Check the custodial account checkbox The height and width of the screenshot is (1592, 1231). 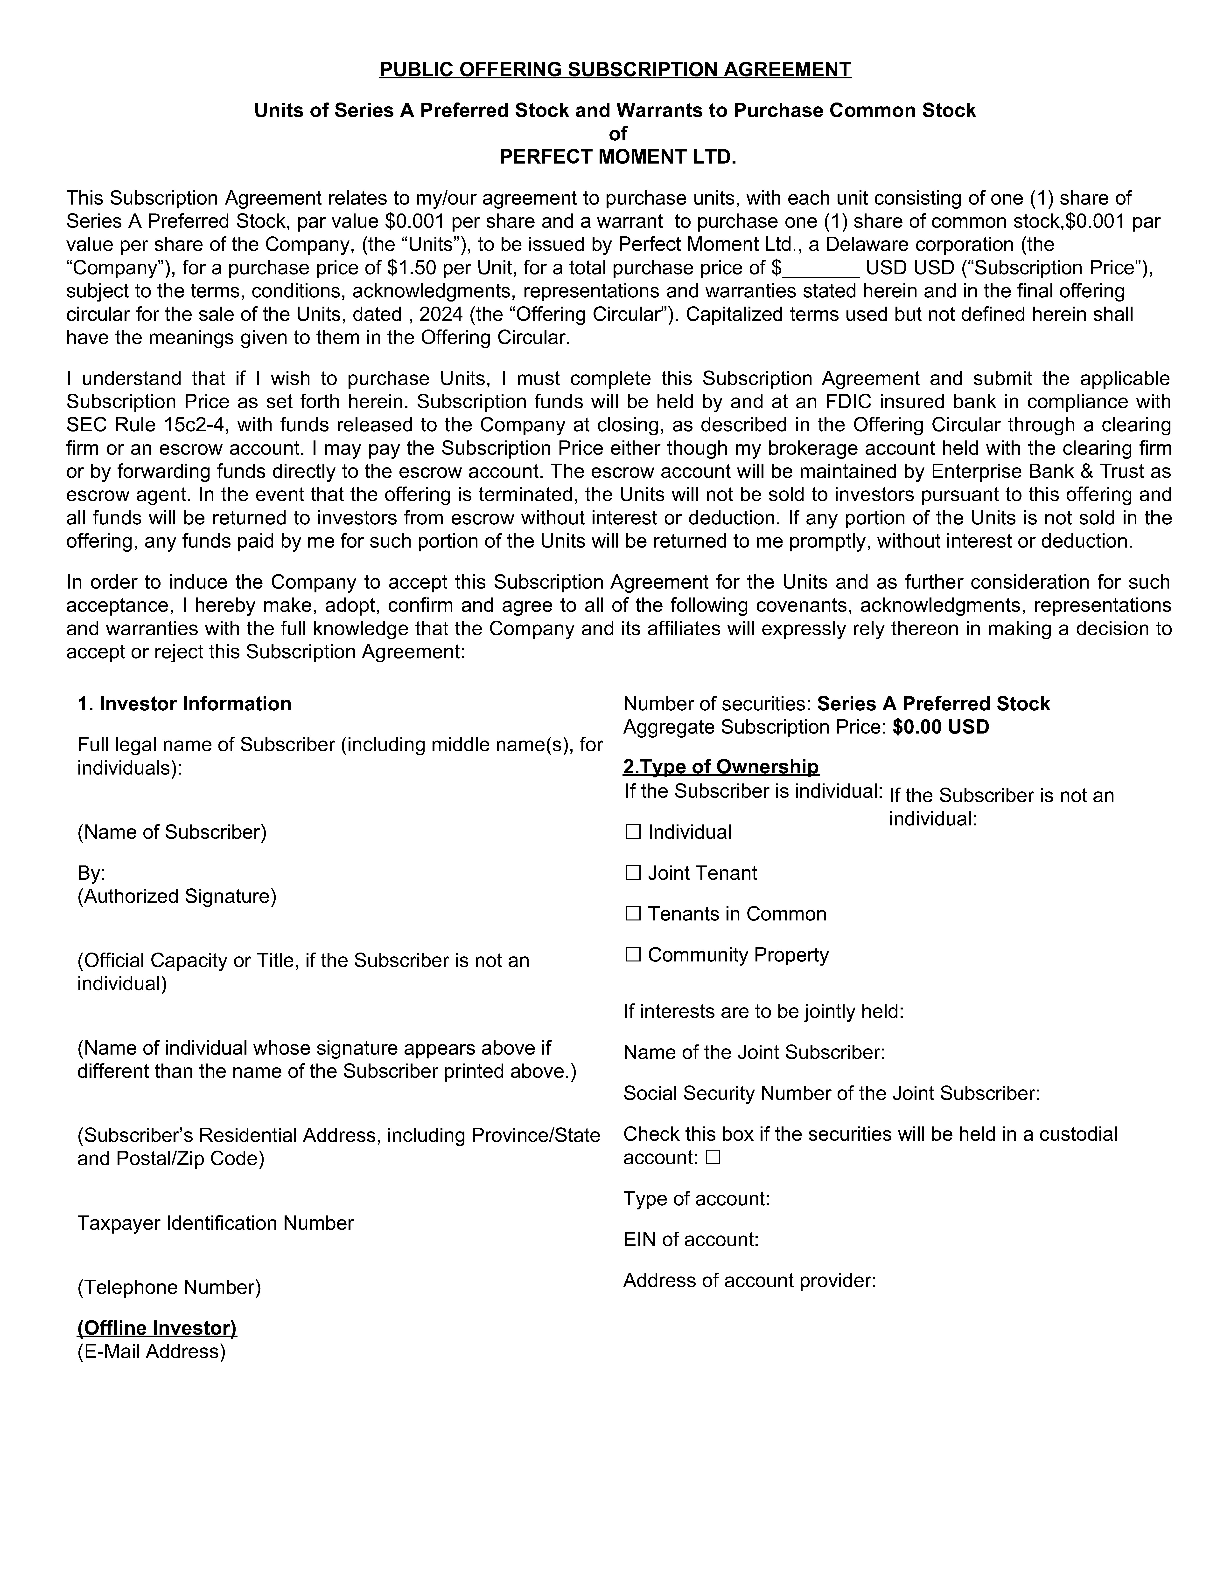(x=713, y=1158)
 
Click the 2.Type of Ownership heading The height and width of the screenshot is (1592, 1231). (x=720, y=767)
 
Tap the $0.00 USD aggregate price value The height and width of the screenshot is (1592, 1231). (x=940, y=727)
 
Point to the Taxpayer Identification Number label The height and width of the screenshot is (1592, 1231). (x=215, y=1223)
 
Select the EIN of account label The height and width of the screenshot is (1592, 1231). (x=691, y=1240)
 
